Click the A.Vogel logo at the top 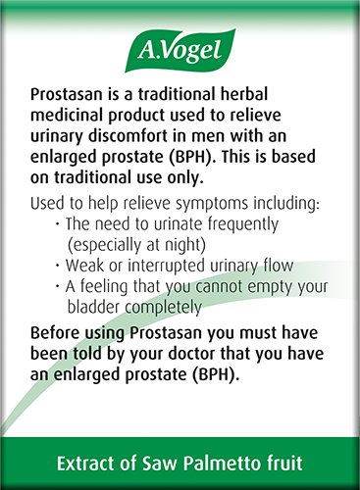180,49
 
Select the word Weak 86,267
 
